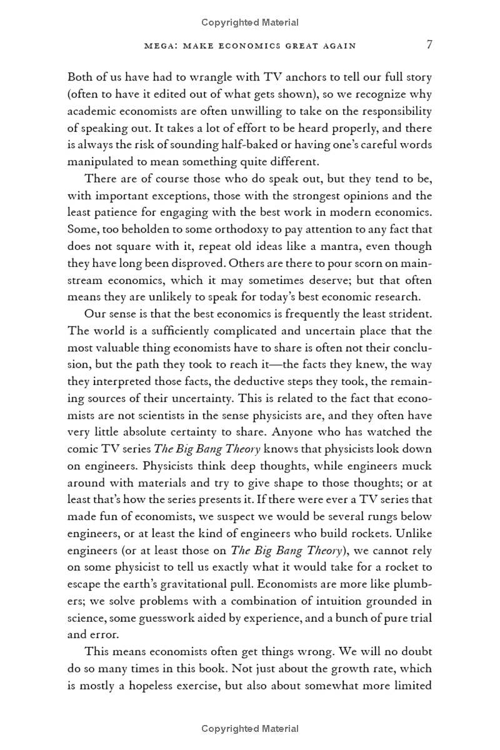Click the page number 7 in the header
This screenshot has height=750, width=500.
429,45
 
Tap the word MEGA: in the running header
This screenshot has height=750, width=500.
159,46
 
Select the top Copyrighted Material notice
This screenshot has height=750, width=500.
250,22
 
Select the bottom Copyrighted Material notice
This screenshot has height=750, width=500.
250,729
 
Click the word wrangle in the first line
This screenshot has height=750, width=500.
203,79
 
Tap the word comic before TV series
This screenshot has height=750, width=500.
82,448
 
